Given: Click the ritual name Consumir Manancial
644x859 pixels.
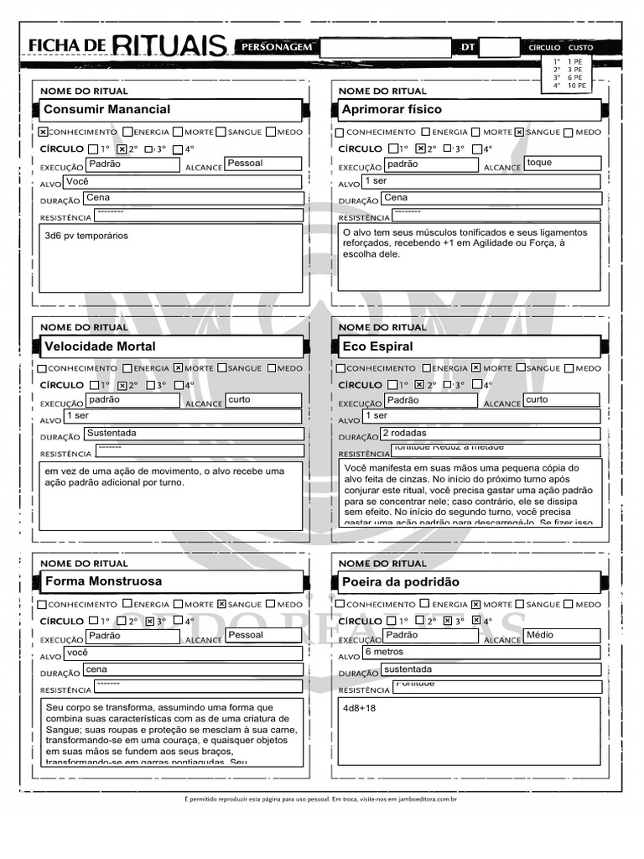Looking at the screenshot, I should point(106,110).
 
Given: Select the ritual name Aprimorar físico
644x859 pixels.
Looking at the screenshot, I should point(392,110).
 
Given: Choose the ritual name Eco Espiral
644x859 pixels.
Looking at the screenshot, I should point(377,346).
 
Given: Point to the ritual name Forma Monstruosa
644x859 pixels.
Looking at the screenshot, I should point(102,581).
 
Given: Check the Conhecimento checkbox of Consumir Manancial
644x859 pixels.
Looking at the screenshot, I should point(44,132).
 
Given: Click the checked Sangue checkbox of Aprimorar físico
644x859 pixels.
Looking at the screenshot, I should point(520,132).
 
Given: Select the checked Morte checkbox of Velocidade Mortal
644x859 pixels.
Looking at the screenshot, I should point(178,367).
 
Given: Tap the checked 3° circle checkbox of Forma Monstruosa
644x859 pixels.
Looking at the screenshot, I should point(150,622).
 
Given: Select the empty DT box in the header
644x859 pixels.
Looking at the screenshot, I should point(500,48).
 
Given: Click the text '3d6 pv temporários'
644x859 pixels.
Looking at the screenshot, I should point(86,237).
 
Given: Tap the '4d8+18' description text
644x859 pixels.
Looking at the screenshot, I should point(360,708).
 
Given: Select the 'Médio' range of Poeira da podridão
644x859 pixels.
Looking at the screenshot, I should point(539,636).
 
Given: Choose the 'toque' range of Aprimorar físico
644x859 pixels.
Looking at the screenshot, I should point(539,163).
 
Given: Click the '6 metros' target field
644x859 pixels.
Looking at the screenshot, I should point(383,652).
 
